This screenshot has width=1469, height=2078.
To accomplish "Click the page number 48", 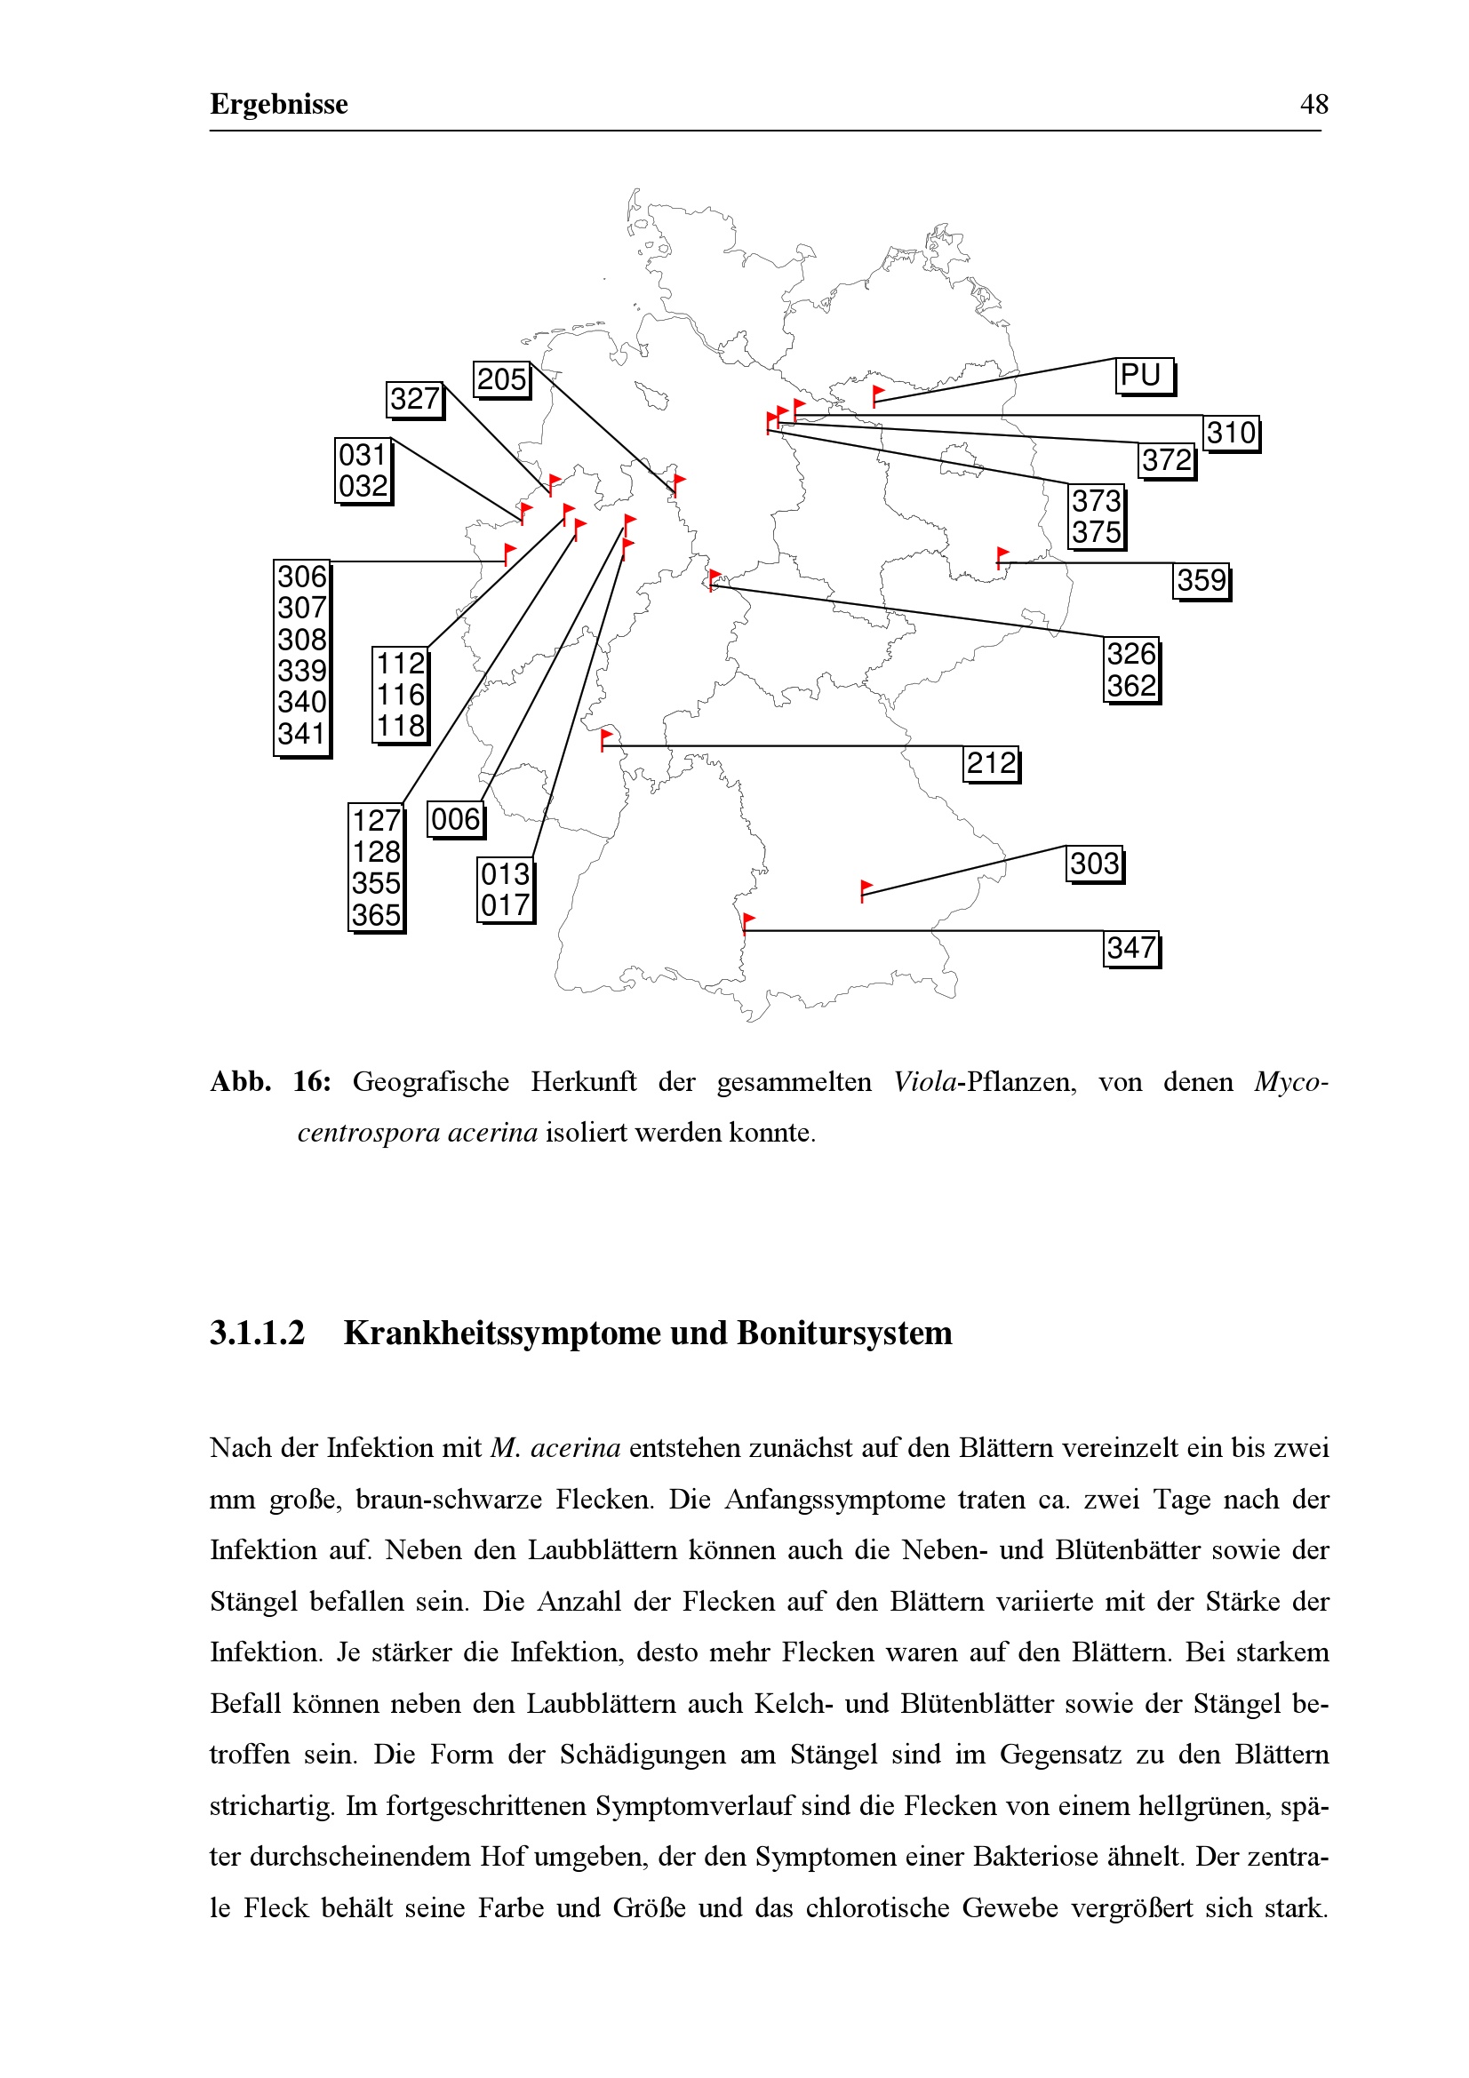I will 1313,104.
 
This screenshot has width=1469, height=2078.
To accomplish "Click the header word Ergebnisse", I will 279,104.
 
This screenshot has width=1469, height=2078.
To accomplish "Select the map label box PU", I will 1143,375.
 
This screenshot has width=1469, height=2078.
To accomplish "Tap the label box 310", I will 1230,433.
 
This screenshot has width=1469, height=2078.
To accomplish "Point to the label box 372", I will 1166,460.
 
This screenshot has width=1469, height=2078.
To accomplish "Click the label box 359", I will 1202,580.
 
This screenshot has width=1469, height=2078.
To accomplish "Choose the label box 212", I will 990,763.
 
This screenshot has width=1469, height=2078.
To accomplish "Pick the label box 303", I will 1094,864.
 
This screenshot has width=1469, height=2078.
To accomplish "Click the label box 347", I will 1130,948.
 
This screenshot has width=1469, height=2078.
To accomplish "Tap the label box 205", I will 501,378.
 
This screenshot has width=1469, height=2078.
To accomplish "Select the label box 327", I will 414,398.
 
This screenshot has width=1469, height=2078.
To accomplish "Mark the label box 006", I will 455,819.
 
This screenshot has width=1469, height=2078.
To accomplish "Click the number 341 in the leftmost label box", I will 301,733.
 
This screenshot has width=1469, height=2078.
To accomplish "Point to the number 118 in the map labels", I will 400,726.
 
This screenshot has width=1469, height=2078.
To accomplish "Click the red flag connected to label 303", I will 866,888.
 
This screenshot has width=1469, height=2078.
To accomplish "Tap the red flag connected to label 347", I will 748,921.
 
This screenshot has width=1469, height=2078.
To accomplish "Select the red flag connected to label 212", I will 606,736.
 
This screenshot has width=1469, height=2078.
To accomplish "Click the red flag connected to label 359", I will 1002,554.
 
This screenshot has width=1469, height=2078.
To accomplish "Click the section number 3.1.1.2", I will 258,1334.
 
